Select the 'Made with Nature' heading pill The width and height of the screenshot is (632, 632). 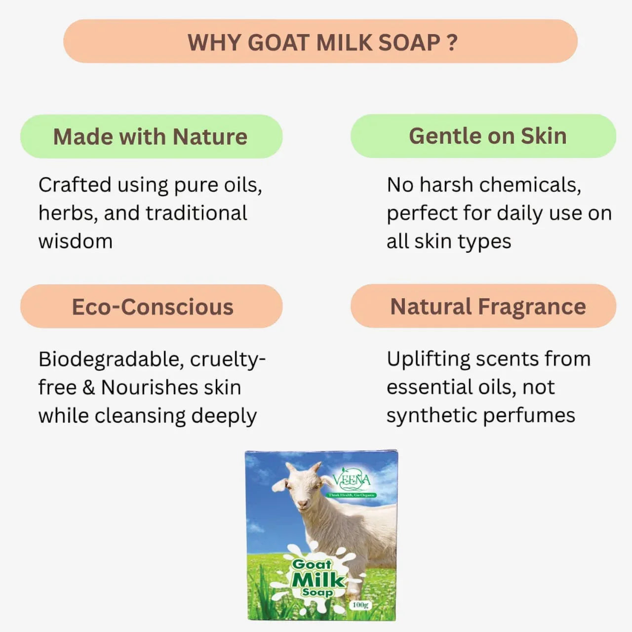151,137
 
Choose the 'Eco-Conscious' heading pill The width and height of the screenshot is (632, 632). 152,307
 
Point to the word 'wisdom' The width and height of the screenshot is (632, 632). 76,241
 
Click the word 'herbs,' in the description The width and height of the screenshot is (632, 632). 68,213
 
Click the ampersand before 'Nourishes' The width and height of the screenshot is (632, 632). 88,387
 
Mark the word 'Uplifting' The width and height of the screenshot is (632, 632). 428,359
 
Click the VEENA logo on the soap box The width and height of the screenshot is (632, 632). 351,480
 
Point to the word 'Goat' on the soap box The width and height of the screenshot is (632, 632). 312,564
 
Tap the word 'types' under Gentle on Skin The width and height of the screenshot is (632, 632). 484,242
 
